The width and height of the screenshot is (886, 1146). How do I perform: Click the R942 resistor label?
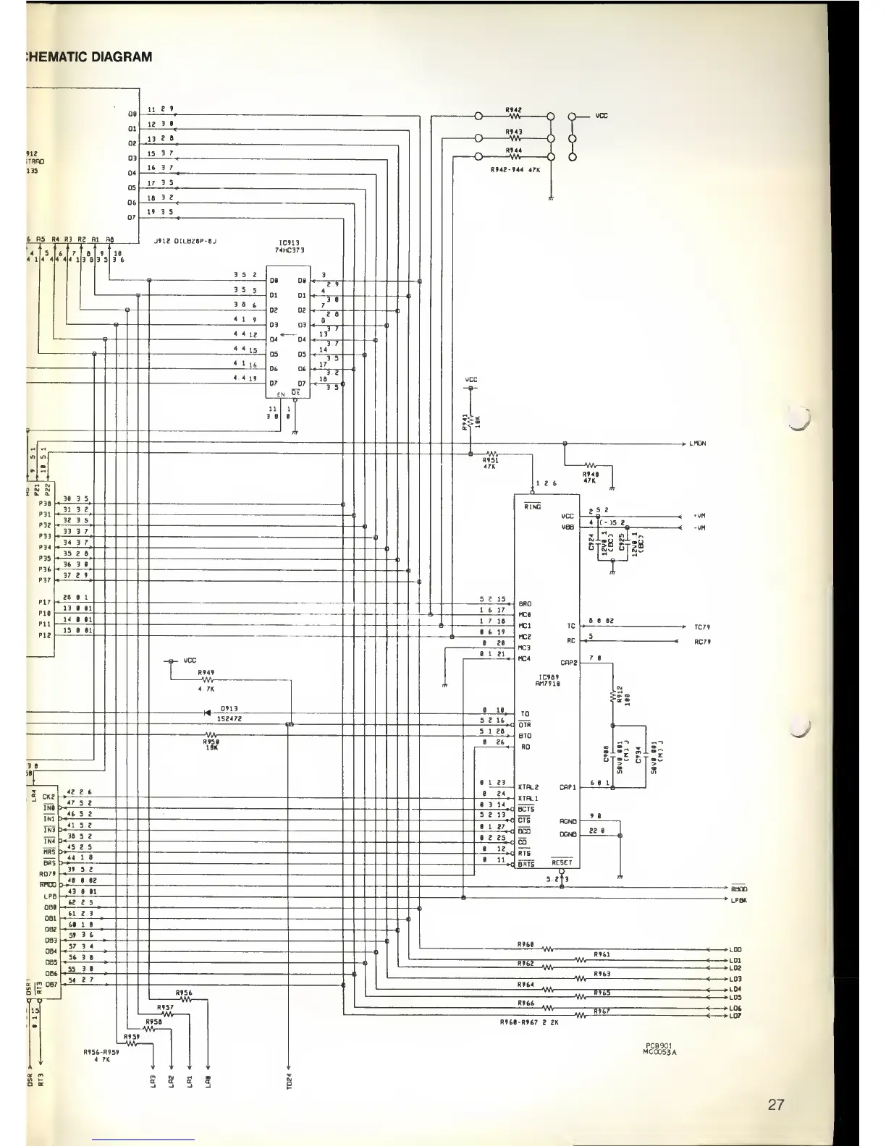coord(514,109)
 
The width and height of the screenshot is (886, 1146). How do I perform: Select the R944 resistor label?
coord(514,150)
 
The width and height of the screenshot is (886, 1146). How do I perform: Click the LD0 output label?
coord(735,949)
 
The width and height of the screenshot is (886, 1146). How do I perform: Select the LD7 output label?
coord(735,1016)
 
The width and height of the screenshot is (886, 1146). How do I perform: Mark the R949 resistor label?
coord(206,672)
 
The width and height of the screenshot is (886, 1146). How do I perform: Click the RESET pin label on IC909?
coord(562,862)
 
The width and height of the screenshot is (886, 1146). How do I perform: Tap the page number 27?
coord(776,1105)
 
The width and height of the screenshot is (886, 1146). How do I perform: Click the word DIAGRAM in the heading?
coord(122,57)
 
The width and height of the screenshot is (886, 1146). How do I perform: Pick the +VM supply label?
coord(699,517)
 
